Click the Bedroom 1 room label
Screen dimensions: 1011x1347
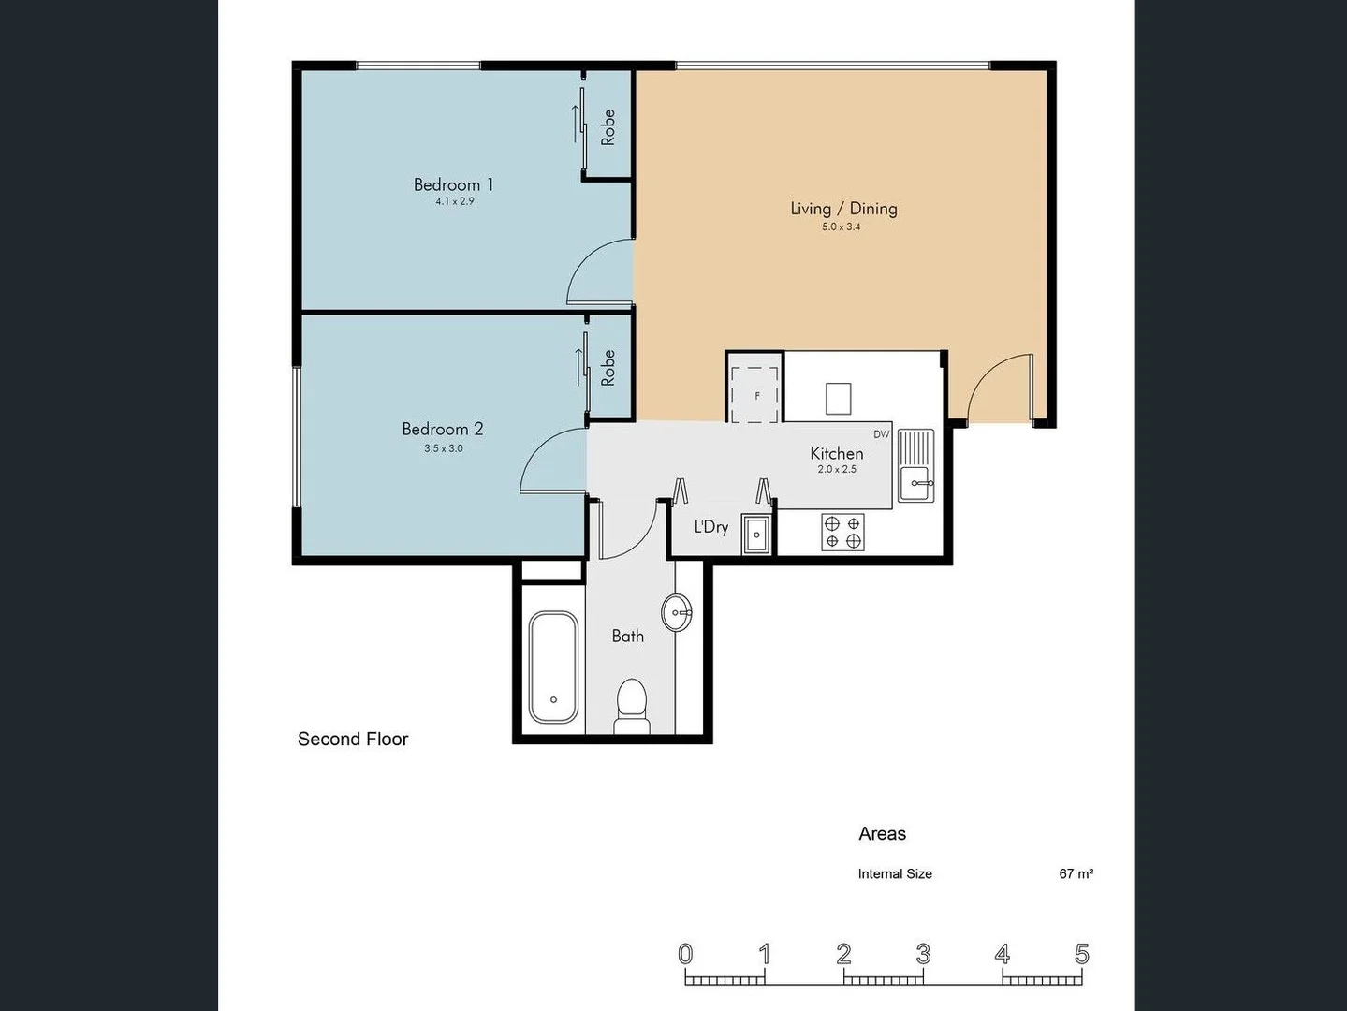coord(453,184)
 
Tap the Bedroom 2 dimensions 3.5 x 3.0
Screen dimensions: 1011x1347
coord(443,448)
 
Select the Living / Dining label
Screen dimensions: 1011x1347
coord(843,209)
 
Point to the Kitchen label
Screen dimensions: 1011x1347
coord(836,453)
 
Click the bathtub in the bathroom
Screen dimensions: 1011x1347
coord(553,667)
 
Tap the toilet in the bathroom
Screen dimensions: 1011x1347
coord(632,707)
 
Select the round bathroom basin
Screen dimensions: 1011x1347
coord(676,613)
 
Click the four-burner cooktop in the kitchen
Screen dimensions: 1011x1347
coord(842,533)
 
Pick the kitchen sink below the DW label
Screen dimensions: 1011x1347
coord(915,465)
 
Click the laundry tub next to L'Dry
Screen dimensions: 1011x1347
coord(756,535)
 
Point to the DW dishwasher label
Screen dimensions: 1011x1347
coord(881,434)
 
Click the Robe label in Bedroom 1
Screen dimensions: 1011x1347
coord(608,126)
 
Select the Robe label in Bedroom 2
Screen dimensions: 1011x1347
coord(608,368)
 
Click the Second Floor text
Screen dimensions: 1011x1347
coord(353,739)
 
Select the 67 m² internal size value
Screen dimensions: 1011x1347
coord(1076,873)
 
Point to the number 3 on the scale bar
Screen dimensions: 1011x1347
coord(923,954)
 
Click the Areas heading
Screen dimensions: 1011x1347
coord(882,833)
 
